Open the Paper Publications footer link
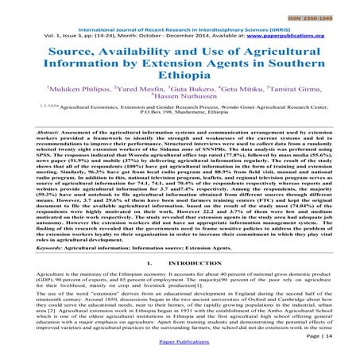tap(180, 349)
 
